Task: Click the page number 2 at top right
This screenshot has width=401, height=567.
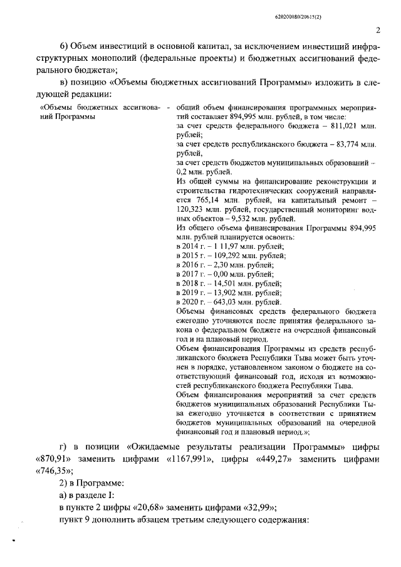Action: click(x=378, y=29)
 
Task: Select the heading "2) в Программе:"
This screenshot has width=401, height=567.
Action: click(x=90, y=483)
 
